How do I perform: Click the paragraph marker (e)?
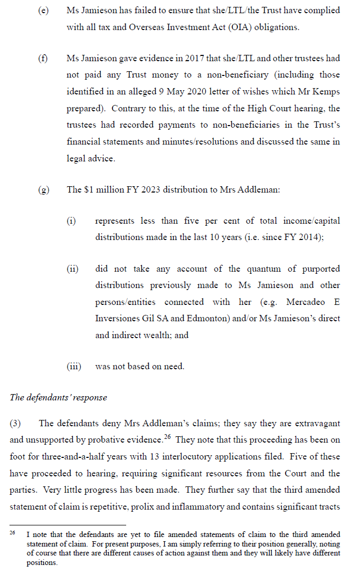pyautogui.click(x=44, y=11)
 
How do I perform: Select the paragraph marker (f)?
pyautogui.click(x=43, y=59)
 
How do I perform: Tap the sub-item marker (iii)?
pyautogui.click(x=73, y=366)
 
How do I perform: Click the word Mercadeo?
pyautogui.click(x=309, y=302)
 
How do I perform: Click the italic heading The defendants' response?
pyautogui.click(x=58, y=397)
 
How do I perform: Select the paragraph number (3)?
pyautogui.click(x=16, y=423)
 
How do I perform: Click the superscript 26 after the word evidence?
pyautogui.click(x=169, y=437)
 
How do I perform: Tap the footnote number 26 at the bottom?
pyautogui.click(x=13, y=533)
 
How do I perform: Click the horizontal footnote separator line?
pyautogui.click(x=68, y=525)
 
